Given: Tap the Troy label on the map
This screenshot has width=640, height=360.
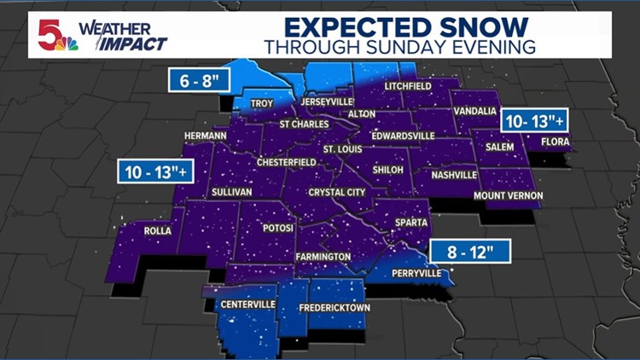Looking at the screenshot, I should pos(261,104).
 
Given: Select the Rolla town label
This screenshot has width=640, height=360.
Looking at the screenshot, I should pos(158,231).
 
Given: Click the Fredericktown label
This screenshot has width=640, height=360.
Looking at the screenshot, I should pos(333,307).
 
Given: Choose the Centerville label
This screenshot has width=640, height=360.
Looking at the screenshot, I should pos(247,304).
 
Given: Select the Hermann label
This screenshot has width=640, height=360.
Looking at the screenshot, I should pos(206,136).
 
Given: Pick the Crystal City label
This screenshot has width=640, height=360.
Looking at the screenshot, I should pos(337,193).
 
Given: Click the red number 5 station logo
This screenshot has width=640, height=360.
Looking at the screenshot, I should pos(49,34).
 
